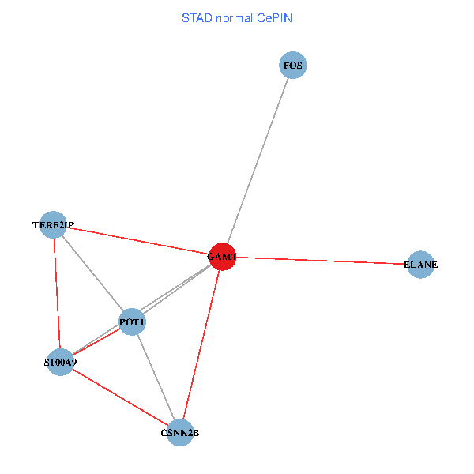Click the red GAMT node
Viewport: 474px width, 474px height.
[x=222, y=257]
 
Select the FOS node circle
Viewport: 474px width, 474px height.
[x=292, y=65]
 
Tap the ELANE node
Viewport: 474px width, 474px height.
[x=420, y=265]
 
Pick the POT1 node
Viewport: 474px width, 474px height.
[x=132, y=322]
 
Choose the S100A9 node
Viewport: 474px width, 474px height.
[x=60, y=363]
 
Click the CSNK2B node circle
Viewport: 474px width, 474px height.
[x=180, y=432]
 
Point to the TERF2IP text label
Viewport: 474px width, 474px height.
[x=53, y=225]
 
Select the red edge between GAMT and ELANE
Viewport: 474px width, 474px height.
[x=324, y=261]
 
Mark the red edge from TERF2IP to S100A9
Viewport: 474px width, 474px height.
[x=56, y=292]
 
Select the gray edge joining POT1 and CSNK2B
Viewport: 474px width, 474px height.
[x=156, y=378]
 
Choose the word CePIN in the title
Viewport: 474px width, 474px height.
[x=275, y=18]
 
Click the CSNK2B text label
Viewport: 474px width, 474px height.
[x=180, y=433]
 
